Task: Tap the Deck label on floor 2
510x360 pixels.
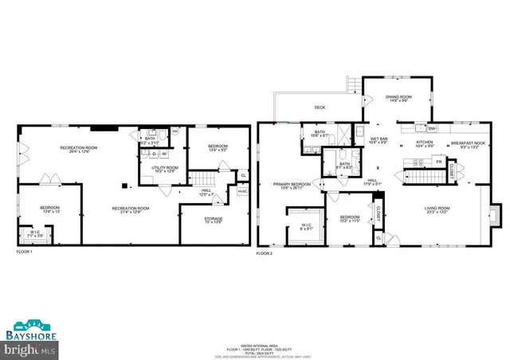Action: (320, 108)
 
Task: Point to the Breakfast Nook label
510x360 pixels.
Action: (466, 144)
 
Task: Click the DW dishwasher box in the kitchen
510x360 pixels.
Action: (431, 128)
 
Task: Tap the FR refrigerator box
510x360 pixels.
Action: (438, 162)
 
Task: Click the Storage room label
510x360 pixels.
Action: (213, 220)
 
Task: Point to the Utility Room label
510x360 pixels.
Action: (166, 170)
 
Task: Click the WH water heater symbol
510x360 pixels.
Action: (175, 131)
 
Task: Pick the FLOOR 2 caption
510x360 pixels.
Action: (265, 253)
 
